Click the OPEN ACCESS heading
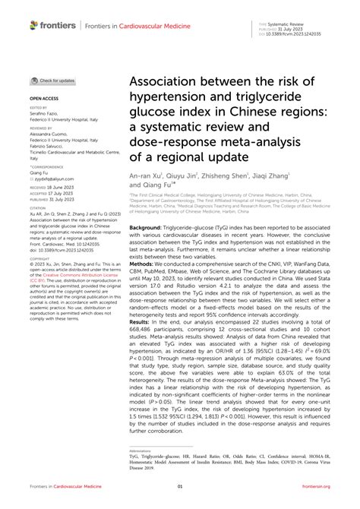tap(44, 99)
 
